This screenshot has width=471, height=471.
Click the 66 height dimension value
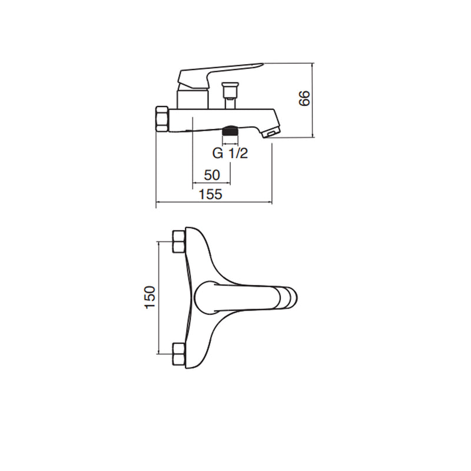pos(304,98)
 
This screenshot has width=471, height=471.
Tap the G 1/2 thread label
pos(230,153)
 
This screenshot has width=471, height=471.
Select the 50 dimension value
pos(212,175)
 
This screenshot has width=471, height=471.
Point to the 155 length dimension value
pos(211,194)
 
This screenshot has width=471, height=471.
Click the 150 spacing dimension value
pos(150,297)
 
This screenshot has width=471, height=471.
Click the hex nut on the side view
pos(162,119)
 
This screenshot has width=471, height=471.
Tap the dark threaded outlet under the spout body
pos(230,131)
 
